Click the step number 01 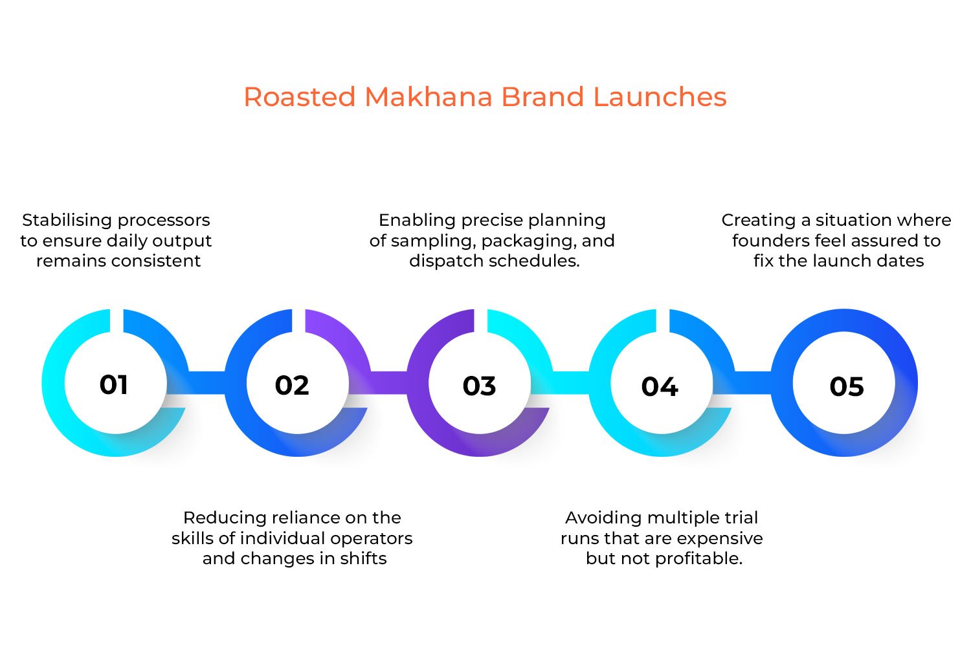click(114, 385)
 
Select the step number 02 click(292, 386)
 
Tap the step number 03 click(479, 386)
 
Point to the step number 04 click(660, 387)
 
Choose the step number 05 click(847, 387)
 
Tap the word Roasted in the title click(300, 97)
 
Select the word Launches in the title click(660, 97)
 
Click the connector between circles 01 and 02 click(206, 382)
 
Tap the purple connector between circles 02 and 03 click(388, 382)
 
